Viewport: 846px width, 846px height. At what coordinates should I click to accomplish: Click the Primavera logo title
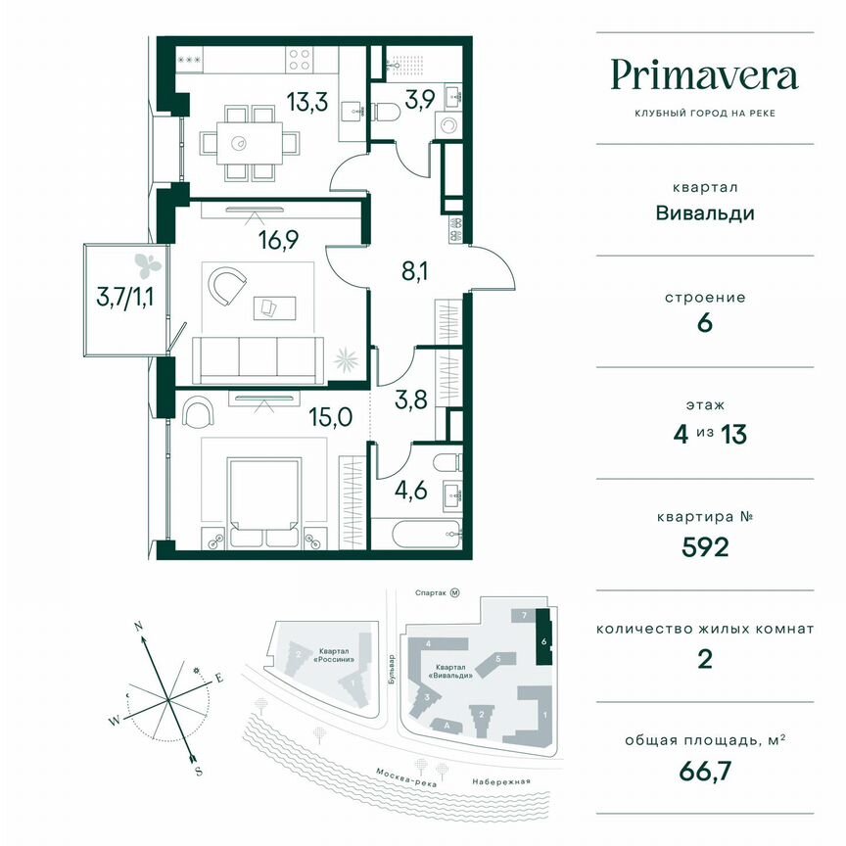coord(705,75)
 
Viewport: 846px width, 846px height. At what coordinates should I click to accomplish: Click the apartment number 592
coord(705,546)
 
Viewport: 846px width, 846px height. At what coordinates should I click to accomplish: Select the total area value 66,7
coord(705,771)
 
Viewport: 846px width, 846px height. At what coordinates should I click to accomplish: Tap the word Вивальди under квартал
coord(705,212)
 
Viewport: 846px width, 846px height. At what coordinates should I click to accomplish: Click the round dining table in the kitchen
coord(239,144)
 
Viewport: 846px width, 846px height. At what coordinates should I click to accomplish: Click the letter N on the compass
coord(139,625)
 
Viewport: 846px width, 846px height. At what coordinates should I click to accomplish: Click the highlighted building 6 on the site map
coord(544,641)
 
